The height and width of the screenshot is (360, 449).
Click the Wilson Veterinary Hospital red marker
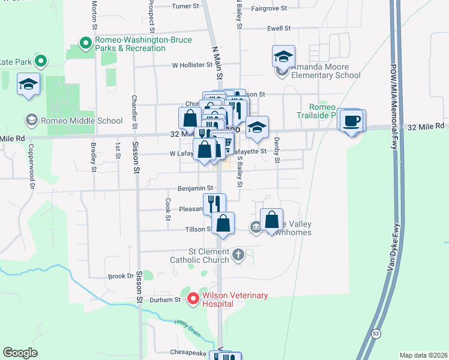pyautogui.click(x=193, y=298)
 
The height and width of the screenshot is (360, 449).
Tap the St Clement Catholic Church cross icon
pyautogui.click(x=238, y=255)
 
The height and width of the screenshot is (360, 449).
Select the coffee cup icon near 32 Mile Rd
pyautogui.click(x=351, y=121)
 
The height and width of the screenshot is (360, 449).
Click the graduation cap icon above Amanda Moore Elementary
pyautogui.click(x=283, y=57)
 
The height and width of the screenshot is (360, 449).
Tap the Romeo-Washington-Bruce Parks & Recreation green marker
pyautogui.click(x=85, y=43)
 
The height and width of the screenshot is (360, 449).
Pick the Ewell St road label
pyautogui.click(x=279, y=28)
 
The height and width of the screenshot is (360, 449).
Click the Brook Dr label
pyautogui.click(x=120, y=276)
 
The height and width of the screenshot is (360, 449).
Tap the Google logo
pyautogui.click(x=20, y=352)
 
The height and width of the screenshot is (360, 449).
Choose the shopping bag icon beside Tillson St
pyautogui.click(x=223, y=224)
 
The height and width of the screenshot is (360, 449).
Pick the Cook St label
pyautogui.click(x=169, y=205)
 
